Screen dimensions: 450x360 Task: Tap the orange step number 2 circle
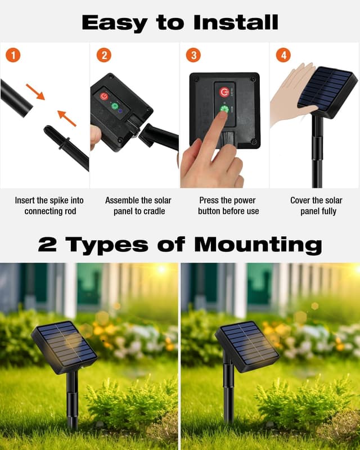103,56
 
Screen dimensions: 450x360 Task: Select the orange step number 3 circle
194,56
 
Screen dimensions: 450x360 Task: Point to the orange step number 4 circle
283,56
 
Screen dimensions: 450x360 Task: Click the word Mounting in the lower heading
258,245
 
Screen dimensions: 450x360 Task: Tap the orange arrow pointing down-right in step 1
35,91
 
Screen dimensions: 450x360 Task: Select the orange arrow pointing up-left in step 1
66,118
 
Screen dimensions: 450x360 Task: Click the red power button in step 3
224,92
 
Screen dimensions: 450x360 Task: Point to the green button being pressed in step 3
224,109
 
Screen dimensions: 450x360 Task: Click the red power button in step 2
105,96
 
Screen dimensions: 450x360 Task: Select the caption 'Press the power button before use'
228,206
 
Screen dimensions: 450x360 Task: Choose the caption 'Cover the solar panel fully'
316,206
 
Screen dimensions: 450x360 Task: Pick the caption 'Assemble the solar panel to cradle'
138,206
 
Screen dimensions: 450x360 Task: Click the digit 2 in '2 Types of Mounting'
48,245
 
